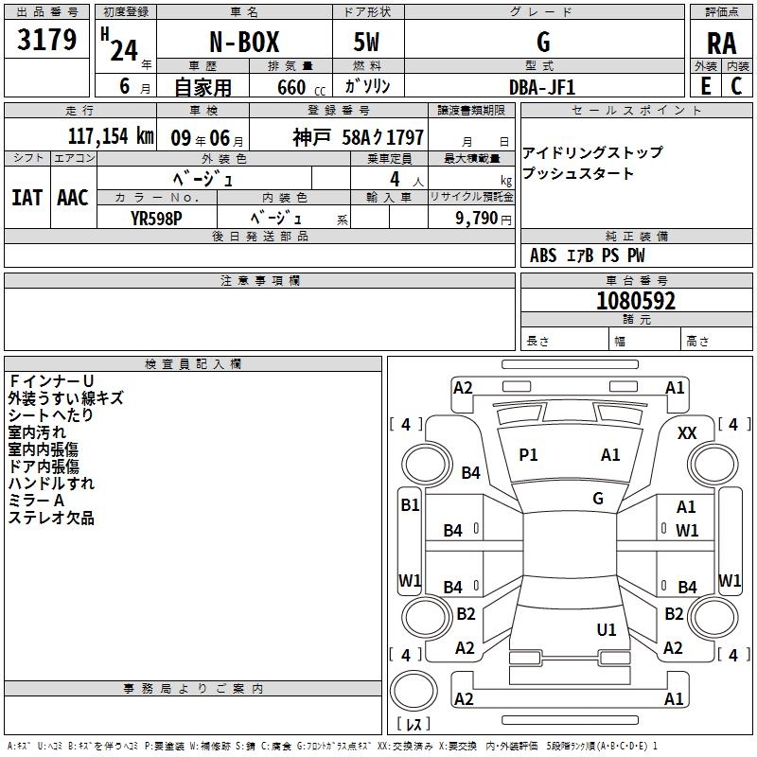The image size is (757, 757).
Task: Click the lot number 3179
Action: click(46, 39)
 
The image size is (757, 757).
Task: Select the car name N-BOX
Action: click(244, 42)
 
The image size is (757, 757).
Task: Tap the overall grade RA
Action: click(721, 44)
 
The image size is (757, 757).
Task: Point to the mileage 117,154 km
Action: click(111, 136)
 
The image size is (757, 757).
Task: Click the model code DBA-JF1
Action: click(542, 87)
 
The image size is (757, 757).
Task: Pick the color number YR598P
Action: click(156, 219)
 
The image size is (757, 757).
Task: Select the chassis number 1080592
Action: click(636, 301)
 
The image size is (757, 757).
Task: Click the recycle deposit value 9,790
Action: click(476, 218)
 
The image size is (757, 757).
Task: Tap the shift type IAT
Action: click(27, 198)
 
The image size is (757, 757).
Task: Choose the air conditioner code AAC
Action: click(73, 198)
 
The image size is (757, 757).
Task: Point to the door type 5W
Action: click(366, 42)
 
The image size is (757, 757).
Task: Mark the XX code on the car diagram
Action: click(687, 433)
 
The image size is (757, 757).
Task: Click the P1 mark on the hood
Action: click(528, 454)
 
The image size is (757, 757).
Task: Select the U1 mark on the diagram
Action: click(607, 629)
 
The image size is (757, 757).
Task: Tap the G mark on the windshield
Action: click(598, 498)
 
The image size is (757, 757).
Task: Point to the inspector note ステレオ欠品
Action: click(51, 518)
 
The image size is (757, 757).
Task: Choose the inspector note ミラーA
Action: click(36, 501)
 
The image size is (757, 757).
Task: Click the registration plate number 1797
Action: click(405, 137)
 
